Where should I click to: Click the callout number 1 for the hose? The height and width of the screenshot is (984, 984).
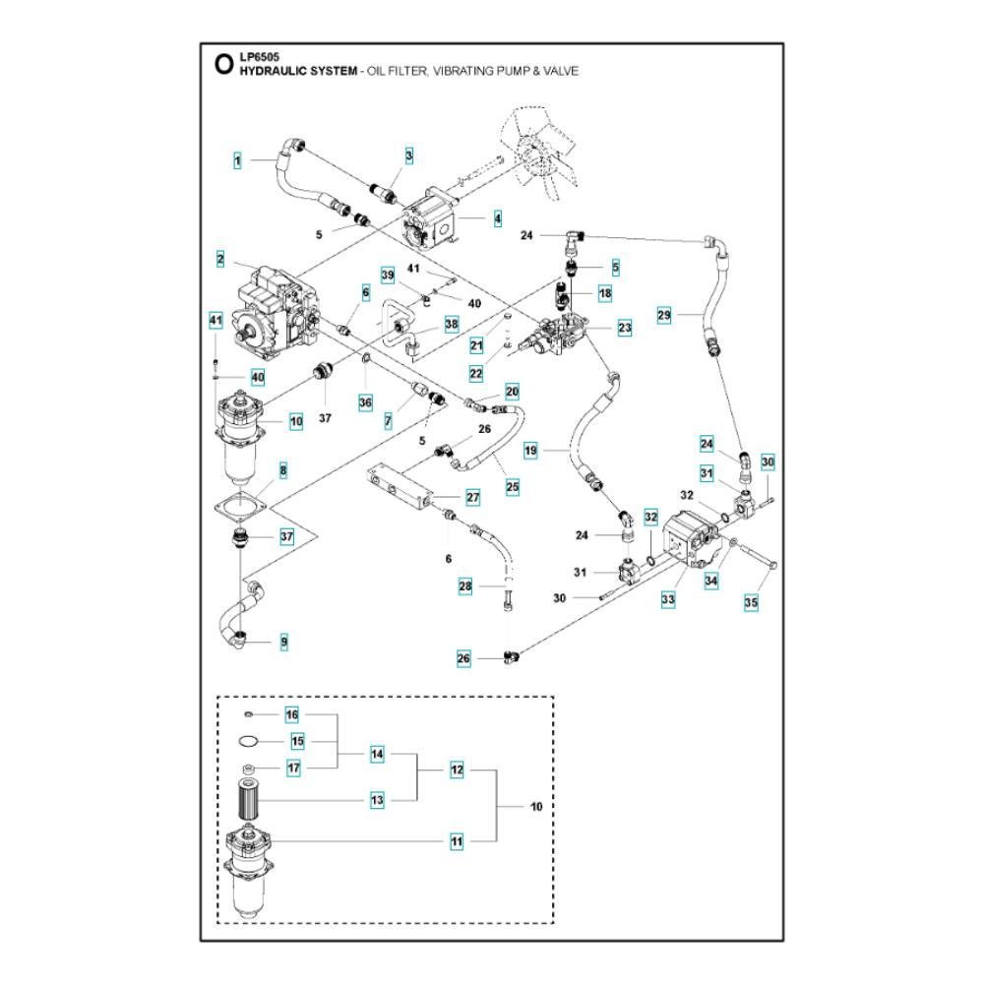point(237,160)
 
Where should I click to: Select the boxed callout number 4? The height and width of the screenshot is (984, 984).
point(498,218)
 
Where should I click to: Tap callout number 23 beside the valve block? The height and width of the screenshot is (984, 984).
point(625,328)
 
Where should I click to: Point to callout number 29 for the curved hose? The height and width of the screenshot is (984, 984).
point(664,315)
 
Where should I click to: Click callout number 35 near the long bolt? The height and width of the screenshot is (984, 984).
point(751,602)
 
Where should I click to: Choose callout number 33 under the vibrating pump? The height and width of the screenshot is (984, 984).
point(668,600)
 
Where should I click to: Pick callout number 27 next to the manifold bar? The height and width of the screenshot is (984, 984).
point(472,498)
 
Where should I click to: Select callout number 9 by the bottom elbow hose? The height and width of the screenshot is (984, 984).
point(284,642)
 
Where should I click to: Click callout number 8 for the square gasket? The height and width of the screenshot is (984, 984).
point(283,470)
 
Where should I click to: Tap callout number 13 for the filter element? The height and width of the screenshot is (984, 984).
point(377,800)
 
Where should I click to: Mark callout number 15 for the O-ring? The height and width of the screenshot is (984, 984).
point(297,741)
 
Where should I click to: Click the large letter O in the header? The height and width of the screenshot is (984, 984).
point(223,64)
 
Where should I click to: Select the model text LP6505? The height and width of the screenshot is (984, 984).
point(259,57)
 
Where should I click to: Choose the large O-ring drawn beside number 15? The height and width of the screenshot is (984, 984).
point(249,742)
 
